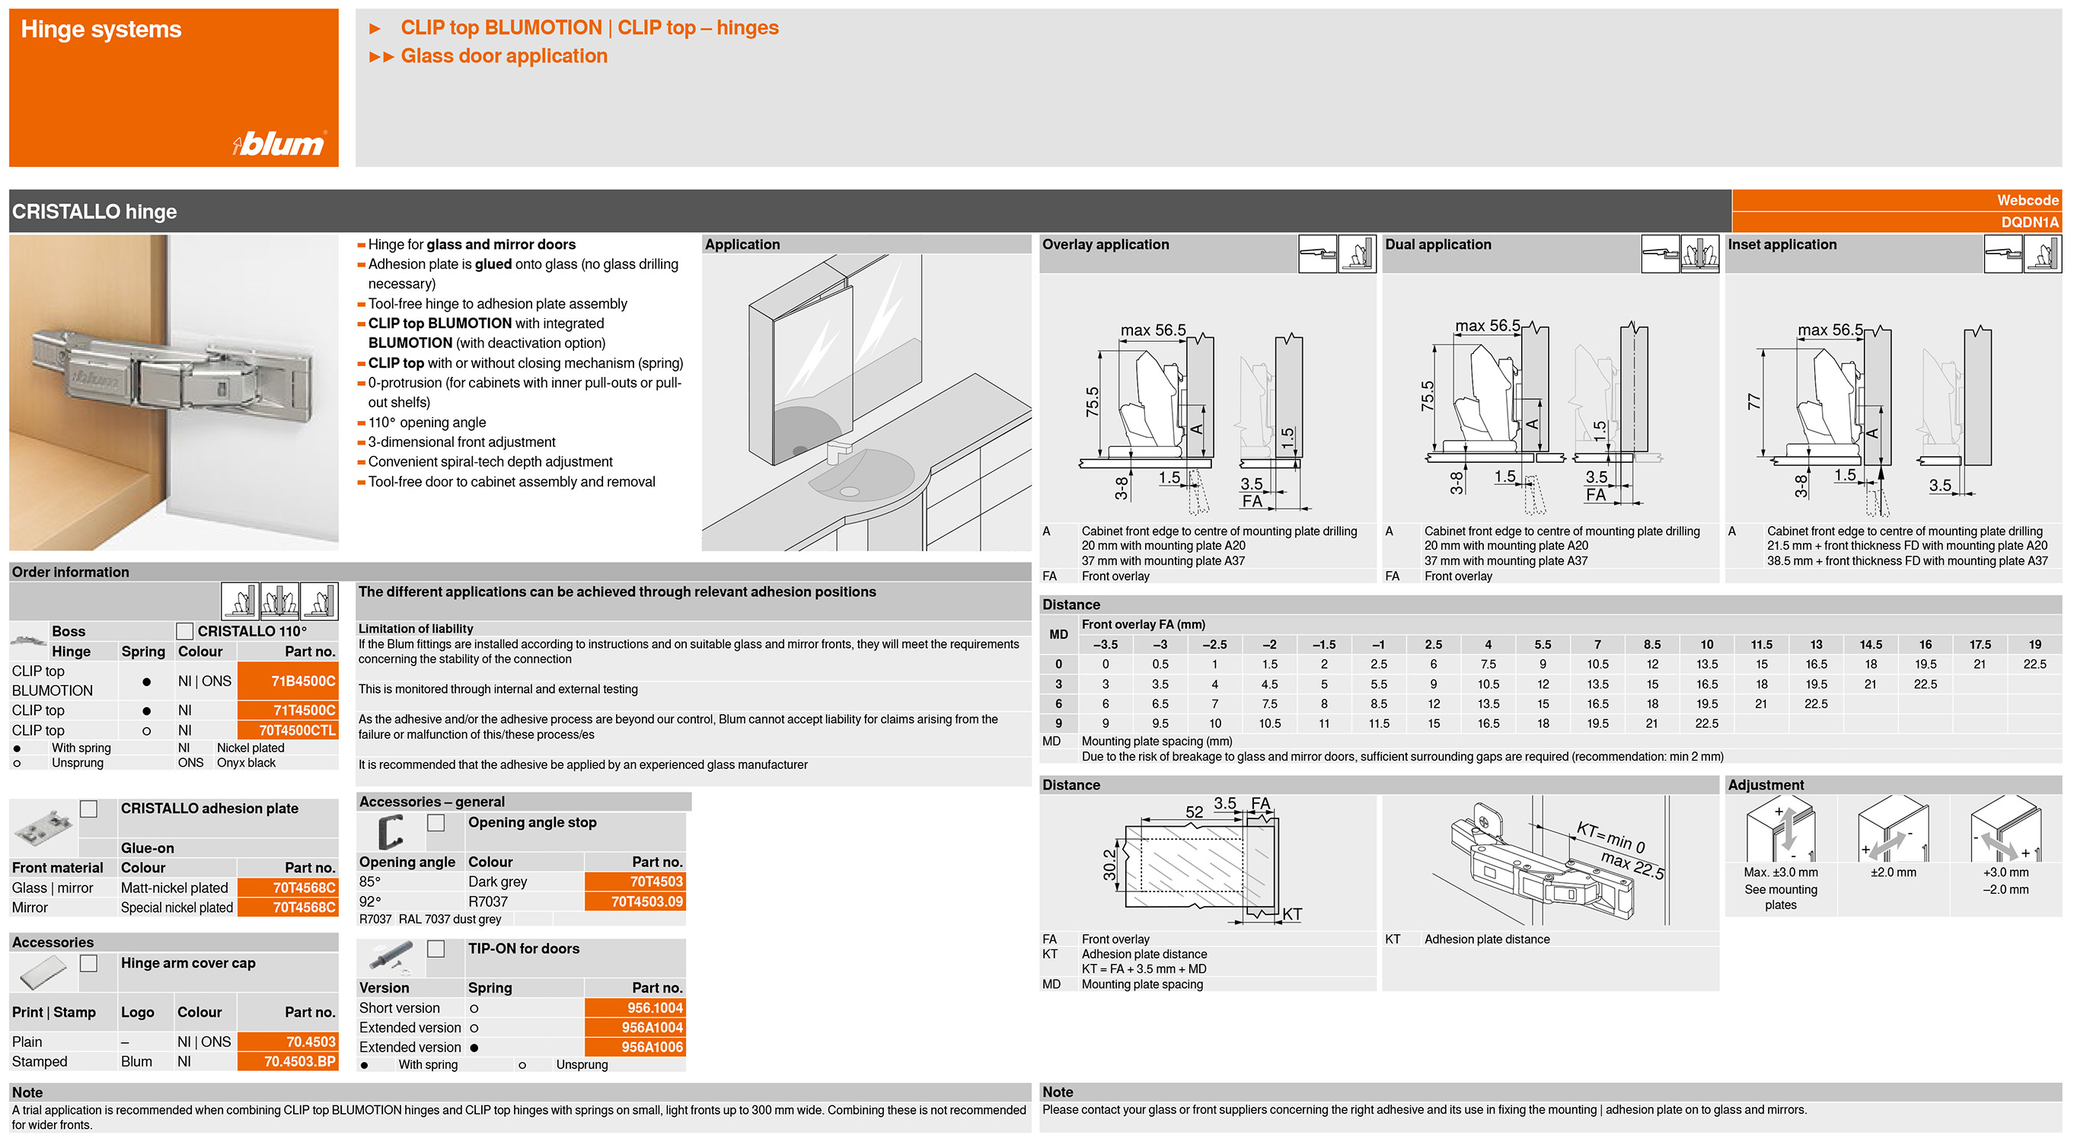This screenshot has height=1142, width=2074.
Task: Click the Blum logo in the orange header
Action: point(279,143)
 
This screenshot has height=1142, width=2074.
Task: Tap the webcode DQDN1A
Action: point(2029,222)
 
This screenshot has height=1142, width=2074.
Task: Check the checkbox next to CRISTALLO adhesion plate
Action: point(88,809)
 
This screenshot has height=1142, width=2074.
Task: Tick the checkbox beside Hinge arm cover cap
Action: point(88,963)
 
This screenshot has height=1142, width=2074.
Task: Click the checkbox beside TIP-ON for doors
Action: point(436,949)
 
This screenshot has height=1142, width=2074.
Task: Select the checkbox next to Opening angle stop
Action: point(436,822)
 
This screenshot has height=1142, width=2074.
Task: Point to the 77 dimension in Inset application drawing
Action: point(1753,401)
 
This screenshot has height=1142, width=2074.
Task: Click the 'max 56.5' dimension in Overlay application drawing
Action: point(1153,330)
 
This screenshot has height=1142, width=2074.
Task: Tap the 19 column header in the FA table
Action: point(2034,645)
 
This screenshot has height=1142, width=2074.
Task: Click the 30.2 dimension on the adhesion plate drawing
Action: point(1109,864)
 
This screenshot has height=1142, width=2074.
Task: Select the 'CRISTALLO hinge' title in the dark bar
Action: point(94,212)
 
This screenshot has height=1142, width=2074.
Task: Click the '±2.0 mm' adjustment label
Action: point(1893,872)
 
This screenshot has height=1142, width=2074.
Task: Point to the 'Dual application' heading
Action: point(1437,244)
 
